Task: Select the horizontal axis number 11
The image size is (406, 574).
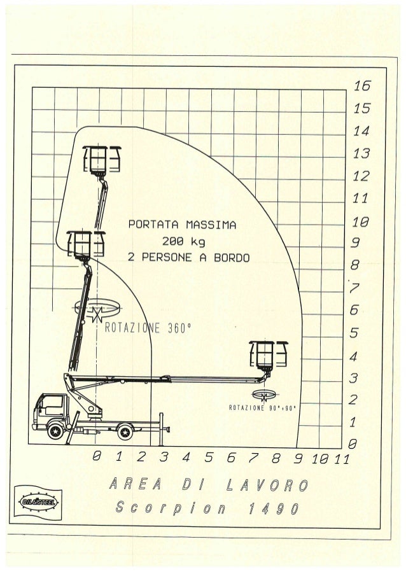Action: pyautogui.click(x=342, y=456)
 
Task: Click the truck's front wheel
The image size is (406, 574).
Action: pyautogui.click(x=55, y=431)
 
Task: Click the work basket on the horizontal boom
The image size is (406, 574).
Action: pyautogui.click(x=267, y=354)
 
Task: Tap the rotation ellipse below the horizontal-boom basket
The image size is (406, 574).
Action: pyautogui.click(x=267, y=394)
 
